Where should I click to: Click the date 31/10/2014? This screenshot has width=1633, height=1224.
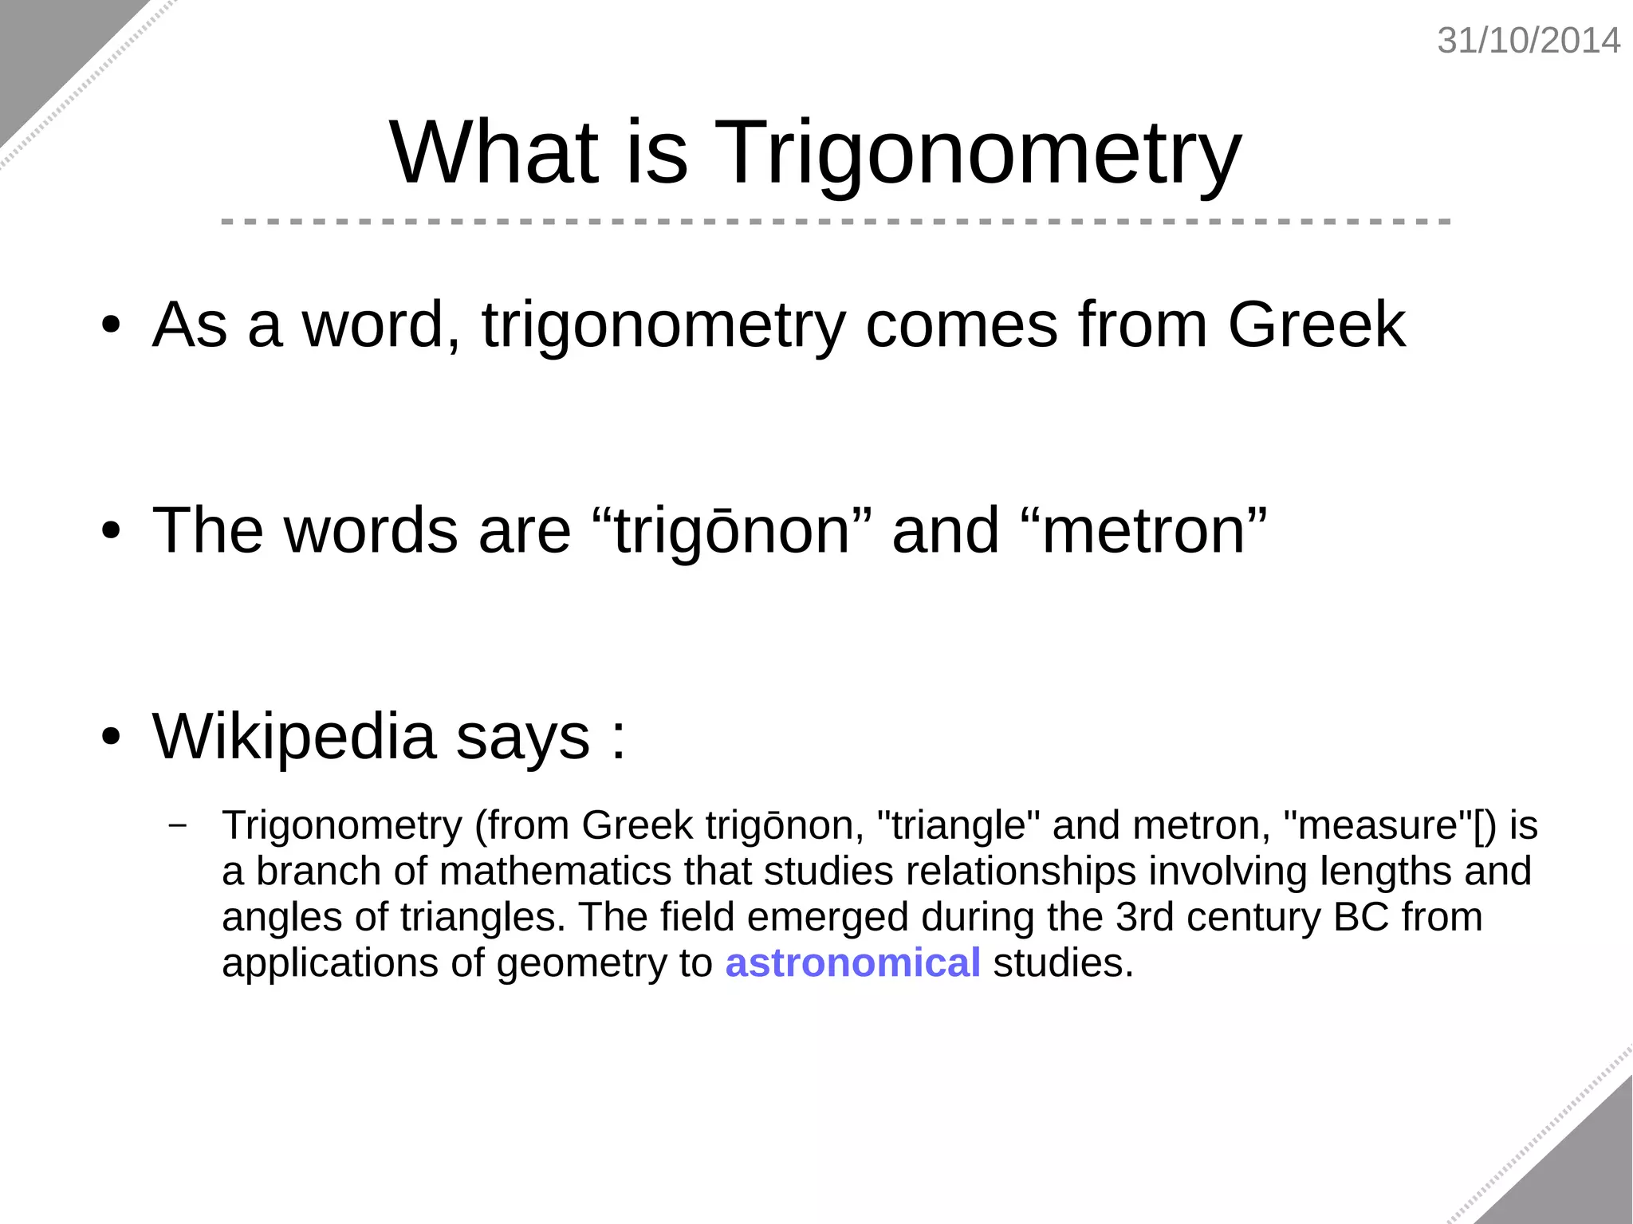(1528, 41)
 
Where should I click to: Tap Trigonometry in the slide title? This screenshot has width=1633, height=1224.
(978, 153)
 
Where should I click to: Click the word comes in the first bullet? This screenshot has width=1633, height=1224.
(961, 325)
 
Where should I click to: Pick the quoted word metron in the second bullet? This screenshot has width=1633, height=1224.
(1143, 530)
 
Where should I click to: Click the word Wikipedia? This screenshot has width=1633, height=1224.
(293, 736)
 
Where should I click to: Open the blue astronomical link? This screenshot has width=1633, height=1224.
(852, 962)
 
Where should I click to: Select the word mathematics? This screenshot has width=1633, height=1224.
(555, 871)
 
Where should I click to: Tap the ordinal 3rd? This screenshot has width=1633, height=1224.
(1144, 917)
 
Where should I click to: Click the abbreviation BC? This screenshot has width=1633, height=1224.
(1361, 917)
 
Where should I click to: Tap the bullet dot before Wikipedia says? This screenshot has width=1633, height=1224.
(111, 737)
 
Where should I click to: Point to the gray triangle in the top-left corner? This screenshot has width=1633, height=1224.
(48, 48)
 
